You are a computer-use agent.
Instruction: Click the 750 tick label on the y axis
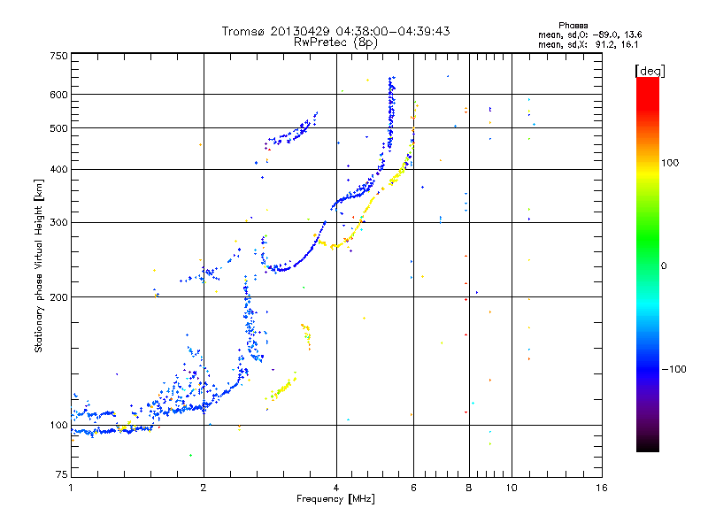pyautogui.click(x=58, y=55)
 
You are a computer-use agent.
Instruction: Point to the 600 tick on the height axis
pyautogui.click(x=58, y=95)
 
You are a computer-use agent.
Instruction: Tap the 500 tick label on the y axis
pyautogui.click(x=58, y=128)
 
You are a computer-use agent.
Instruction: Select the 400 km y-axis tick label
pyautogui.click(x=58, y=170)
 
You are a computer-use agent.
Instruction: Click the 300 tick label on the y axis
pyautogui.click(x=58, y=223)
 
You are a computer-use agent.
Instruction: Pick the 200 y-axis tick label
pyautogui.click(x=58, y=297)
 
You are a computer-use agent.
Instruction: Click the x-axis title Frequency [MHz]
pyautogui.click(x=335, y=500)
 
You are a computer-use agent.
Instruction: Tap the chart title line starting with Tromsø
pyautogui.click(x=335, y=31)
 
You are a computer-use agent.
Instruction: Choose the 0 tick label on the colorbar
pyautogui.click(x=664, y=265)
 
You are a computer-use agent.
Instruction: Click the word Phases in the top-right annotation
pyautogui.click(x=573, y=25)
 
